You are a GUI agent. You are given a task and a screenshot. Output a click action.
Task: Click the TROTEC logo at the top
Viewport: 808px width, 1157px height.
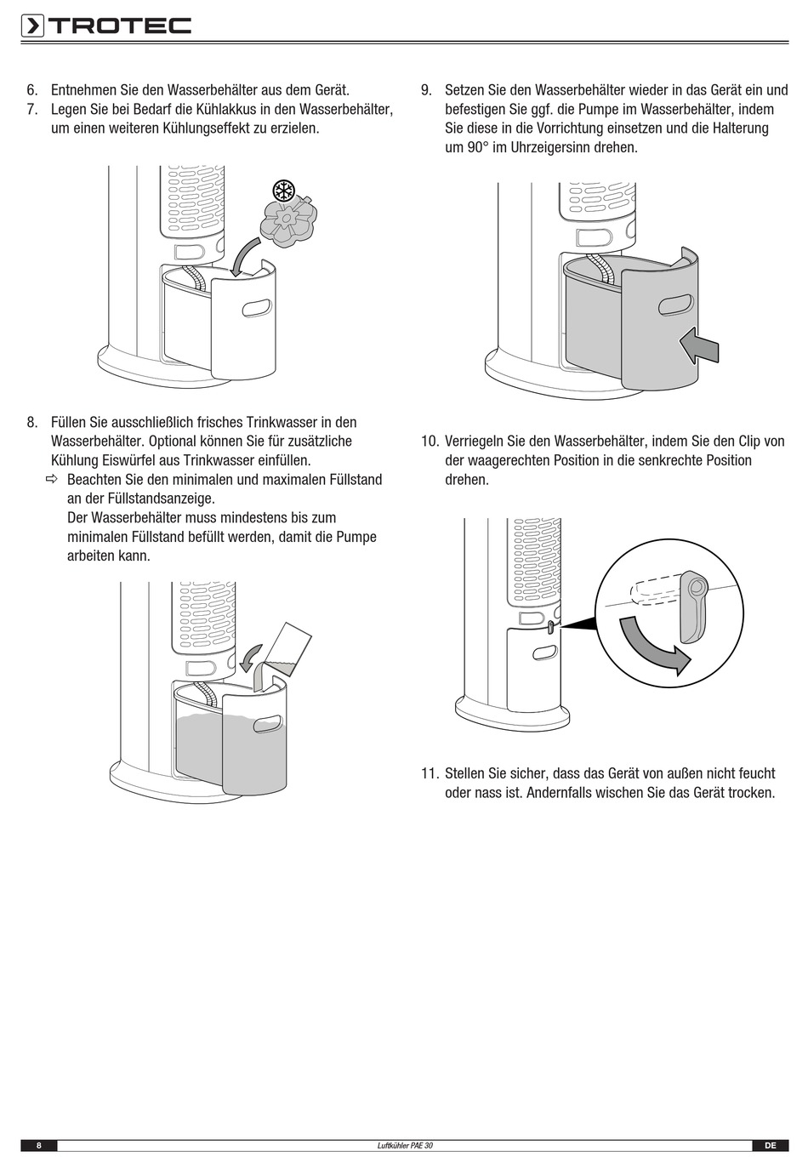(106, 26)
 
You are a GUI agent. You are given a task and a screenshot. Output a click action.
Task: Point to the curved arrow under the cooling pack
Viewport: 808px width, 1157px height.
(248, 253)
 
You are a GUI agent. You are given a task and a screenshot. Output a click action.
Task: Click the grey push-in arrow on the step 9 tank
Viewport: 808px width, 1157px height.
(698, 345)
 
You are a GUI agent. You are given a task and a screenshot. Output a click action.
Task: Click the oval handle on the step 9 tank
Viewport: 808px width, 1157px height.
(675, 305)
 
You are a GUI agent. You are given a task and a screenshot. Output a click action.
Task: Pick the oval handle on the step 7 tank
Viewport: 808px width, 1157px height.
(257, 307)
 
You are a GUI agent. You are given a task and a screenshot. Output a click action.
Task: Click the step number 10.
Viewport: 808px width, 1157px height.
(430, 441)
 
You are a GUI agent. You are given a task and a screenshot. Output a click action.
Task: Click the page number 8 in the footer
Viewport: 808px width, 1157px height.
(38, 1146)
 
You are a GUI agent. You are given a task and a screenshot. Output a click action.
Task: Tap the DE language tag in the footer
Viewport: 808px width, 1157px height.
(770, 1146)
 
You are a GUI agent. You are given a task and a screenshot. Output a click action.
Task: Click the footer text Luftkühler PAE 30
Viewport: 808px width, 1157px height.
(405, 1146)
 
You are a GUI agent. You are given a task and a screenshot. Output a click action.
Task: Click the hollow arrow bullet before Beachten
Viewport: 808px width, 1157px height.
(51, 480)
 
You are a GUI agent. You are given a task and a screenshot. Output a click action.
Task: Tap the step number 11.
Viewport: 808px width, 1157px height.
(430, 773)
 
